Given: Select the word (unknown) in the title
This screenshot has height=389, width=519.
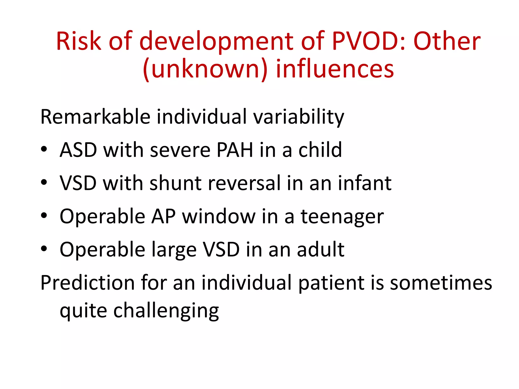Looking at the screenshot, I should [205, 69].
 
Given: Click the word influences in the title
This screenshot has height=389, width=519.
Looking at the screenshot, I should [335, 69].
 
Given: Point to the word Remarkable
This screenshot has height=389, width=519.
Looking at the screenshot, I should [95, 117].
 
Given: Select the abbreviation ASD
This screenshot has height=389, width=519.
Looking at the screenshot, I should [78, 150].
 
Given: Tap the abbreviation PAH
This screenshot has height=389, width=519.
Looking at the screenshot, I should [235, 150].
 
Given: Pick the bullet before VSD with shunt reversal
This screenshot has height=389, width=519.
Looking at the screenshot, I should [44, 182].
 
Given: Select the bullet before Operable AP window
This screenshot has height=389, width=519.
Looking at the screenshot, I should [44, 216].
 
